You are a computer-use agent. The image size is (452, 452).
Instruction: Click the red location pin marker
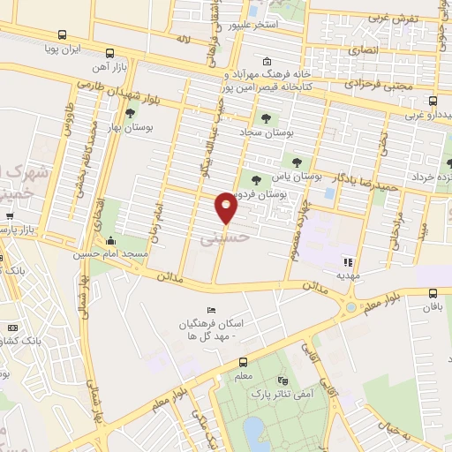click(227, 207)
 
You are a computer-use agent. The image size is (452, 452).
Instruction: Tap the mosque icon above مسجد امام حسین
click(111, 241)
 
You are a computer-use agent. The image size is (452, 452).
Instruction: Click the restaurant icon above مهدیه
click(348, 262)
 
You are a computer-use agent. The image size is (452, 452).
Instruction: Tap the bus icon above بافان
click(433, 294)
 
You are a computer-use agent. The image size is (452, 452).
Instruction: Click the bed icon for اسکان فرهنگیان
click(209, 310)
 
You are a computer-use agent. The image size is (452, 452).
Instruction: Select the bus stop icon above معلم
click(243, 362)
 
